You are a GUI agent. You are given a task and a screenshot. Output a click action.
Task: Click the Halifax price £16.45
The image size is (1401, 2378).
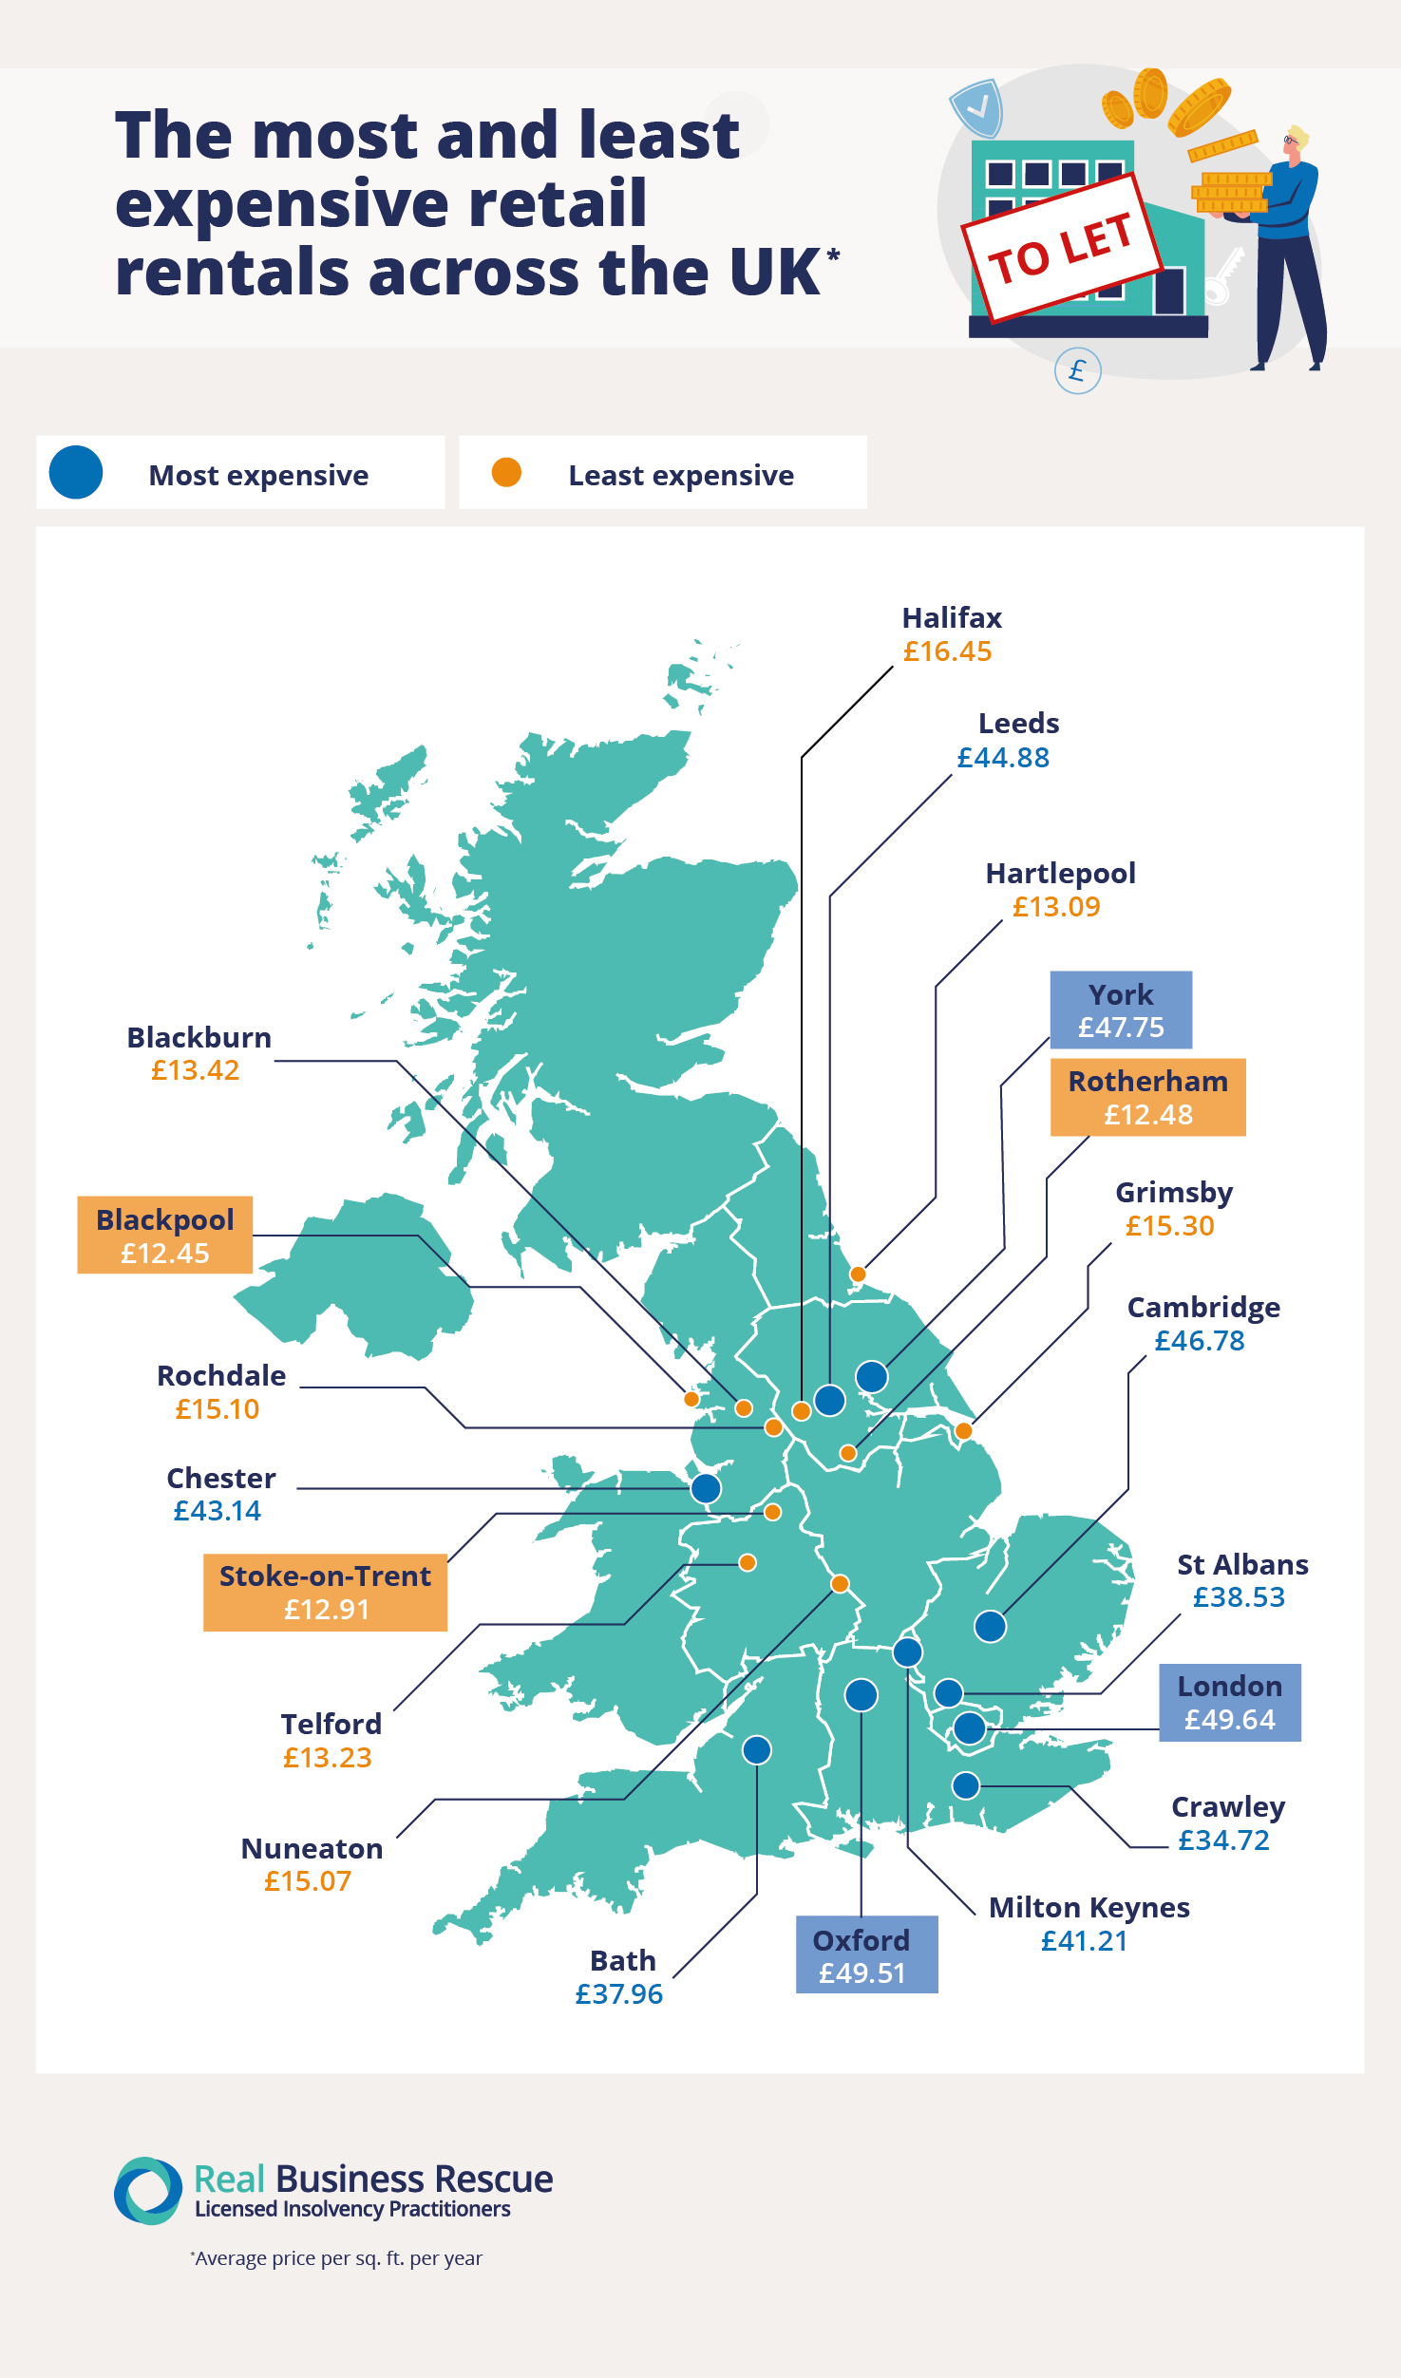point(947,651)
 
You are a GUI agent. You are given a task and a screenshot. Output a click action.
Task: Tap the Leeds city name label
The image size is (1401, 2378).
point(1018,724)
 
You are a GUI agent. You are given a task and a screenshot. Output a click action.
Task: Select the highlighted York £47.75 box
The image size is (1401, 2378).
point(1121,1010)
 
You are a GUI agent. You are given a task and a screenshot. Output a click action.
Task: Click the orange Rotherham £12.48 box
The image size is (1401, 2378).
point(1147,1098)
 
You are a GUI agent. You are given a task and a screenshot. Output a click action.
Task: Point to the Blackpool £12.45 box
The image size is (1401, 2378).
point(165,1236)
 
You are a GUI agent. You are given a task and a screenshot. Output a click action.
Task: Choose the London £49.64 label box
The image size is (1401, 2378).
point(1229,1703)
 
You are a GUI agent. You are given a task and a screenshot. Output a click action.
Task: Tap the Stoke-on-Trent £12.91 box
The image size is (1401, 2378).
point(325,1593)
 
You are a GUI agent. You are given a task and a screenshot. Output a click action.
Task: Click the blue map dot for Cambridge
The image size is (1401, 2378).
point(990,1627)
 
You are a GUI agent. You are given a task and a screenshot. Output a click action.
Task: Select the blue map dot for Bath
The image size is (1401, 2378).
point(757,1749)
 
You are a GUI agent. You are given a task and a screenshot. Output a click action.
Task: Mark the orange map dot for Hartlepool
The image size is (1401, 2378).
point(858,1274)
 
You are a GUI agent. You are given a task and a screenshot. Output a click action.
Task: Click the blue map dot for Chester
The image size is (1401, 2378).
point(706,1488)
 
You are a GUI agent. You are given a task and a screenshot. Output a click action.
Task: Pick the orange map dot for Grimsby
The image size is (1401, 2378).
point(963,1431)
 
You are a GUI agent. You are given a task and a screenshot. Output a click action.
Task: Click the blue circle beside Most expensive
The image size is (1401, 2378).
point(76,472)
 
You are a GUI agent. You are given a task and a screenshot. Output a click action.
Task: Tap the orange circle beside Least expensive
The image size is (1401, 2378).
point(506,472)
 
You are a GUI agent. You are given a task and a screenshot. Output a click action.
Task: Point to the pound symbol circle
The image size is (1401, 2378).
point(1077,370)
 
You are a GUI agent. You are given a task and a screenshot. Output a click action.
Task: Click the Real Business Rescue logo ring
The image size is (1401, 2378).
point(148,2191)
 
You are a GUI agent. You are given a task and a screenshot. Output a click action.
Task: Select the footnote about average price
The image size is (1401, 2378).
point(337,2258)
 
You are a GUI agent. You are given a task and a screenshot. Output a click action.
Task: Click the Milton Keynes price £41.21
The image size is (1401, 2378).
point(1084,1941)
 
